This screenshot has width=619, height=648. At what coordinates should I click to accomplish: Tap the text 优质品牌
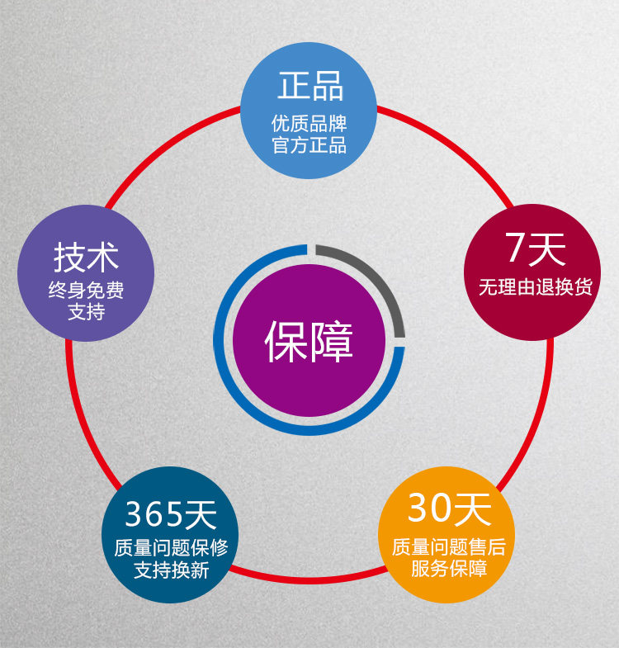(309, 125)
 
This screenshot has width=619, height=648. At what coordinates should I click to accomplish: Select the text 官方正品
(309, 146)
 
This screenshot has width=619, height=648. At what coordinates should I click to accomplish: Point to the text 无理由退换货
(535, 287)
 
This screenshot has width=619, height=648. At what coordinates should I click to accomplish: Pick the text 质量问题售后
(448, 547)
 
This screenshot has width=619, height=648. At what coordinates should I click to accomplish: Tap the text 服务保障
(448, 569)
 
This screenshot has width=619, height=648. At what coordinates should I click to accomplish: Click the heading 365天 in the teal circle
(171, 514)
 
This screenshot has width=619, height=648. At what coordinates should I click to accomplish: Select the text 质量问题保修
(171, 548)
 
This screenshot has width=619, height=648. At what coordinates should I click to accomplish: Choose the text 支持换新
(171, 570)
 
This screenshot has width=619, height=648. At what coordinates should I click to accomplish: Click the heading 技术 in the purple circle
(86, 257)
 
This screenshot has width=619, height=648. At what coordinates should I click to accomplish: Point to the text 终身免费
(86, 291)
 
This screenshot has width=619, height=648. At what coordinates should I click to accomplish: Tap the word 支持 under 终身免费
(86, 313)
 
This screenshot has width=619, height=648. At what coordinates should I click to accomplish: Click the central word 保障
(309, 341)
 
